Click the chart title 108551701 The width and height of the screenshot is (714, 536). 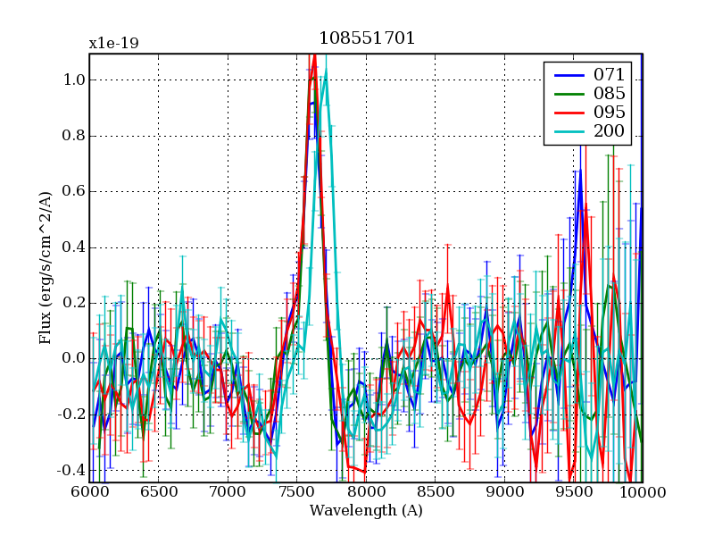click(367, 38)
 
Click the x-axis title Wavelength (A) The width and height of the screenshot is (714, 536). click(366, 512)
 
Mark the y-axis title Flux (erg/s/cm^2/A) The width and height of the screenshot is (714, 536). click(45, 268)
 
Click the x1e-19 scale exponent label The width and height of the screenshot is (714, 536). click(113, 43)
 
